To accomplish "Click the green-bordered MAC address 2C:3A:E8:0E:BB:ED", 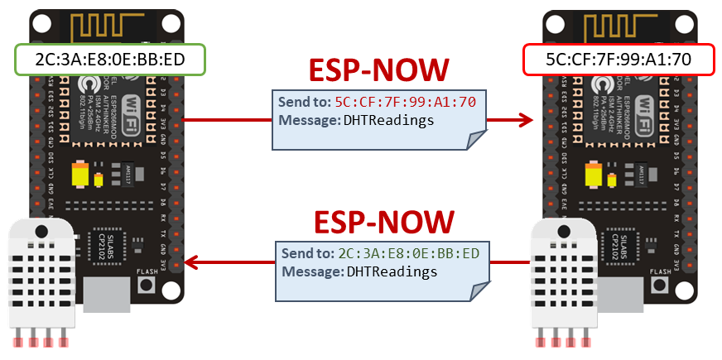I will pos(109,60).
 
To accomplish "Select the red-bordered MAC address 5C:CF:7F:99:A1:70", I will pos(619,60).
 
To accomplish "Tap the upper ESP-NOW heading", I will pos(378,71).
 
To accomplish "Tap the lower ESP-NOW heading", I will pos(384,222).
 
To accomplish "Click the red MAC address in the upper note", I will pos(405,103).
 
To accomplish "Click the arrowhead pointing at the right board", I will pos(523,120).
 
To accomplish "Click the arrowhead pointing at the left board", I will pos(193,263).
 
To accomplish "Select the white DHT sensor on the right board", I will pos(563,277).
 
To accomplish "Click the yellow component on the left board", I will pos(80,175).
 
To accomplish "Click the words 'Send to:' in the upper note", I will pos(305,103).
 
